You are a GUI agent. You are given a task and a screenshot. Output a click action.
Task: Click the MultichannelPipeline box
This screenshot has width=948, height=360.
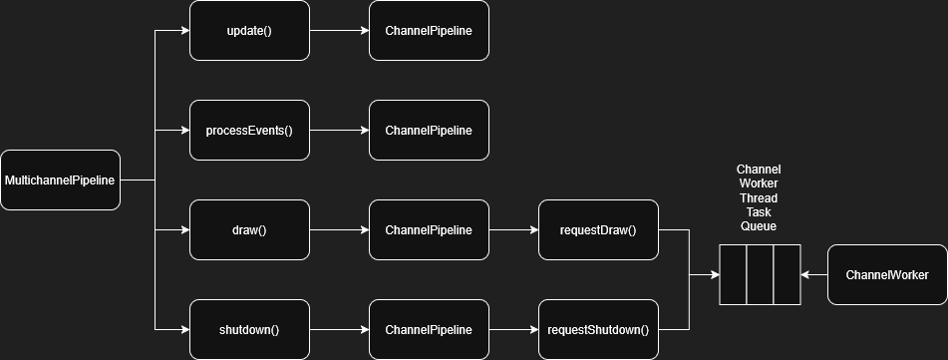(60, 180)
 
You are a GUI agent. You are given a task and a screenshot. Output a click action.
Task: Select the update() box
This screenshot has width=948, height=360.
(249, 31)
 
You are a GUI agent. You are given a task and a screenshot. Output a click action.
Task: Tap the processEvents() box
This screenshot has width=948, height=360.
(249, 131)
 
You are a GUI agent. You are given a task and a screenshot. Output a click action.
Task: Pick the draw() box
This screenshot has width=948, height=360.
(249, 230)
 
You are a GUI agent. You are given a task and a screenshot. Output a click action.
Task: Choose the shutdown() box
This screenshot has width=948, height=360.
(249, 330)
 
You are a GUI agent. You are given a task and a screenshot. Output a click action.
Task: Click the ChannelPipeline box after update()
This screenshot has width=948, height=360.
(429, 31)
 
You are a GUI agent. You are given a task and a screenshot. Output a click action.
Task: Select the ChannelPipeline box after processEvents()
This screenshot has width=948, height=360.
(429, 131)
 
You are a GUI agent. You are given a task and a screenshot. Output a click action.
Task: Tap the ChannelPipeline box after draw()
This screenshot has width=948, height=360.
(429, 230)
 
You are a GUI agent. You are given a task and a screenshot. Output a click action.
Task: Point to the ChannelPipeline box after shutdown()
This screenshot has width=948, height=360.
(429, 330)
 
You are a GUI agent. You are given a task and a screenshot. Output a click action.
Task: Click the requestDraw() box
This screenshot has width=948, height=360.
(598, 230)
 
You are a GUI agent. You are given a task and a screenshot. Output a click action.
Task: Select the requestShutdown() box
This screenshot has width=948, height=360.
(598, 330)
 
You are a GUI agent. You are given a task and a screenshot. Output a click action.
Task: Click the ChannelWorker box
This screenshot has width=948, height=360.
(887, 274)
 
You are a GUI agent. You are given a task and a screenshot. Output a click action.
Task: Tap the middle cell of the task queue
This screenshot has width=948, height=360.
(760, 274)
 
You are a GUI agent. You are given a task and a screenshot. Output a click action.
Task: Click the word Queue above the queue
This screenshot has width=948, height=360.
(758, 226)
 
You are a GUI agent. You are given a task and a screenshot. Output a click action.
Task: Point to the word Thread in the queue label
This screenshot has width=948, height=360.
(758, 198)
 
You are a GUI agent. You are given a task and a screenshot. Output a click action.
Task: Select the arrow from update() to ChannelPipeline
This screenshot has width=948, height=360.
(339, 31)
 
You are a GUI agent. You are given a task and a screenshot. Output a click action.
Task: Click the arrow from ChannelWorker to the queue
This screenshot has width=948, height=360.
(814, 274)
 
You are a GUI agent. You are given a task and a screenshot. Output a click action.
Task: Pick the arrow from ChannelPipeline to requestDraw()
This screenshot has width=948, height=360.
(513, 230)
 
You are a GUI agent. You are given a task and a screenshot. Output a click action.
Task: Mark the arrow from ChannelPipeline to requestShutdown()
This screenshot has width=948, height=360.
(513, 330)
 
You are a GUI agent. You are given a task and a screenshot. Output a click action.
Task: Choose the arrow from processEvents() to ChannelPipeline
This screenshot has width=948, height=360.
(339, 131)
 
